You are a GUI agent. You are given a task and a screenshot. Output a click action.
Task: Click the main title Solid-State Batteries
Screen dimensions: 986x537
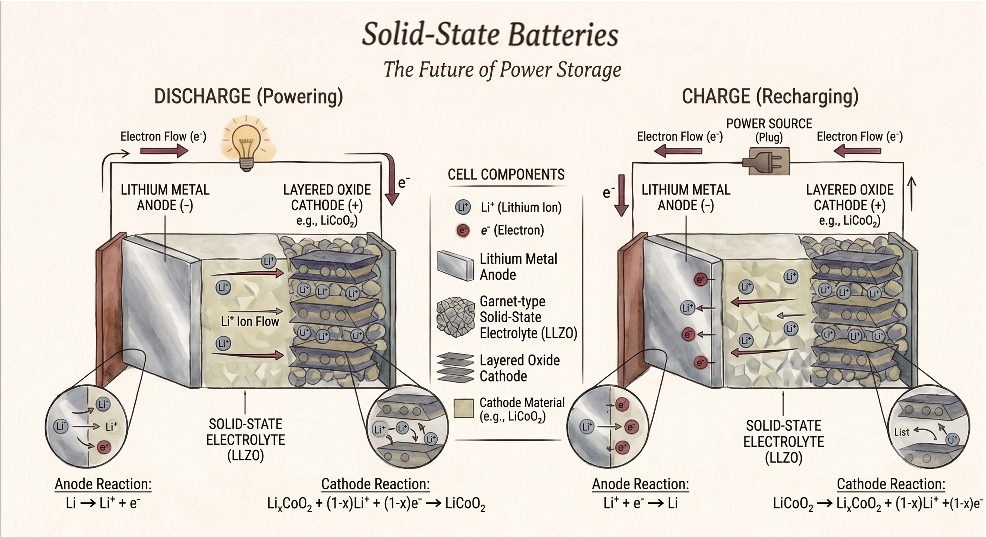click(490, 34)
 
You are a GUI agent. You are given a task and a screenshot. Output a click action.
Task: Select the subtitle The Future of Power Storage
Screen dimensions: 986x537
click(502, 69)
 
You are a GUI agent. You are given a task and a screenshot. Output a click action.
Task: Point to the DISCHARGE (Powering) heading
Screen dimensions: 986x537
click(249, 97)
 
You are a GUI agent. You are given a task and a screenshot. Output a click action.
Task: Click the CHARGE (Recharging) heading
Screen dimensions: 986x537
click(770, 97)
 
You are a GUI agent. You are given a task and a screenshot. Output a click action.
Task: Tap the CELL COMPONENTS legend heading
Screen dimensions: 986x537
click(506, 174)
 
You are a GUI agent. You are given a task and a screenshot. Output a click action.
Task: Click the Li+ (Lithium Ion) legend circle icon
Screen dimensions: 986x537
click(462, 207)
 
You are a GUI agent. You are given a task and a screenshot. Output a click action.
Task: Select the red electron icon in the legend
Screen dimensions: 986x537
click(463, 230)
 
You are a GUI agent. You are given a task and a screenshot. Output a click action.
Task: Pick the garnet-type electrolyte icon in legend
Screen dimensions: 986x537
click(455, 317)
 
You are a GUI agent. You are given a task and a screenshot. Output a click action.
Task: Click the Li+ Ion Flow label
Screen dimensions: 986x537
click(250, 321)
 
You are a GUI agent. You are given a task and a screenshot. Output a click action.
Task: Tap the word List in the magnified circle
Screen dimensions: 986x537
click(901, 432)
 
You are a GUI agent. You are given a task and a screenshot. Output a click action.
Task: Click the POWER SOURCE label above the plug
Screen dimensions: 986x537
click(769, 124)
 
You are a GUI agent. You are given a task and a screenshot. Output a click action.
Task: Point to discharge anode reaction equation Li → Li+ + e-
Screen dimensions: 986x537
click(103, 503)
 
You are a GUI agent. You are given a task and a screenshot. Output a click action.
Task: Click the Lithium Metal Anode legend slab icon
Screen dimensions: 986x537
click(456, 266)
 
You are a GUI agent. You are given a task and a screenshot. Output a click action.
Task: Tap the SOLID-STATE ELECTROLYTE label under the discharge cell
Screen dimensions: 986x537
click(245, 440)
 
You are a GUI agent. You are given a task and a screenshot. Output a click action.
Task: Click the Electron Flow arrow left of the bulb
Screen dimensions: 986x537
click(164, 151)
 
